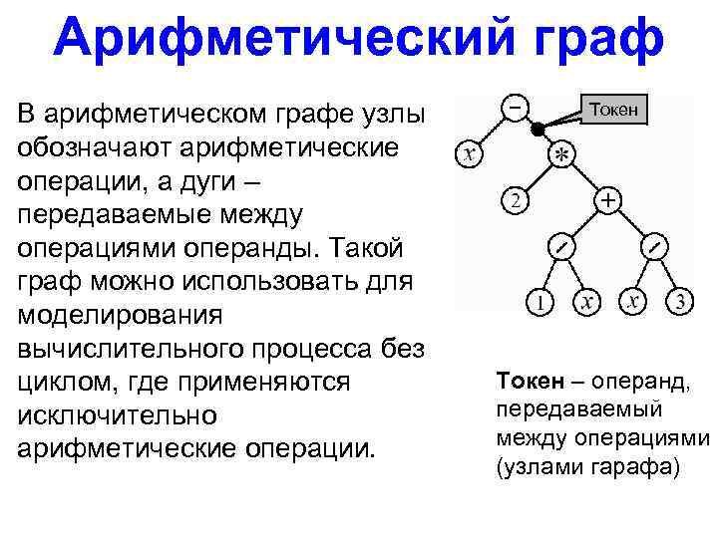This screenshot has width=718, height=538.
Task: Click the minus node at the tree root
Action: point(516,106)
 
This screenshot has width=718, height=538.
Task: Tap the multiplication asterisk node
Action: point(562,155)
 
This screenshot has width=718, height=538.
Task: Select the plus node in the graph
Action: point(607,201)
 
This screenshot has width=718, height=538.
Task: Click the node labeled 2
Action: point(515,201)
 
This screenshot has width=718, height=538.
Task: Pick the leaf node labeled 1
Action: point(539,300)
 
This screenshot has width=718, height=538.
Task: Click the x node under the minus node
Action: point(469,154)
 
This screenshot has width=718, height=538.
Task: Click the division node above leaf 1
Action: point(561,245)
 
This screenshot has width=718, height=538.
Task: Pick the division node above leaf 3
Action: point(654,245)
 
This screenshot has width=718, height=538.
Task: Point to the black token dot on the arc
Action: point(537,130)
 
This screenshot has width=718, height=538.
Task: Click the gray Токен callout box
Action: point(615,107)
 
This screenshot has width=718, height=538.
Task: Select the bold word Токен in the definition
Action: point(528,381)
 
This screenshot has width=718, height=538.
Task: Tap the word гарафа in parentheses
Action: point(628,466)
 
